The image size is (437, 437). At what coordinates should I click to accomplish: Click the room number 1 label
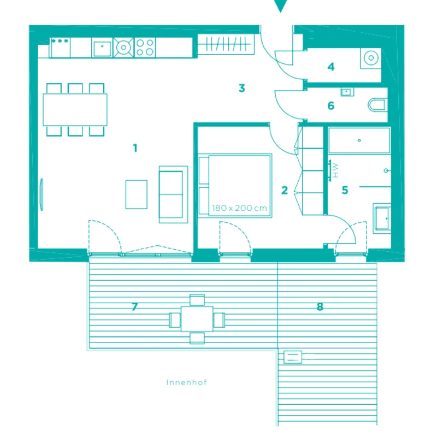tap(135, 148)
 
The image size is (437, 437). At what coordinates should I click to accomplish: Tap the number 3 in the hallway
tap(242, 88)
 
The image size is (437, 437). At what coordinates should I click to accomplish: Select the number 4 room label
tap(331, 67)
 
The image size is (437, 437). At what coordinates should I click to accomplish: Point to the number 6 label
tap(331, 105)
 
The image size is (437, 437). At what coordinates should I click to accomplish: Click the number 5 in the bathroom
tap(345, 190)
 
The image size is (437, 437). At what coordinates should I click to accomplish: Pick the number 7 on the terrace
tap(134, 307)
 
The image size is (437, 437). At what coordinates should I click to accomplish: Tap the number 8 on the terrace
tap(320, 307)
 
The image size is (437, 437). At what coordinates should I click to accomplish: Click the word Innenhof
tap(186, 382)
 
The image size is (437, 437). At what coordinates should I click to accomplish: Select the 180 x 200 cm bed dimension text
tap(239, 208)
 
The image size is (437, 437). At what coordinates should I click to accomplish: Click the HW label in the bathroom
tap(335, 170)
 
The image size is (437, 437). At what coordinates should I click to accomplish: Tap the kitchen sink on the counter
tap(102, 48)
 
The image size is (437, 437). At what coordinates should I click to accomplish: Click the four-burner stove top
tap(145, 48)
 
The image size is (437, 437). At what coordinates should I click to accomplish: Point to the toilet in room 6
tap(377, 105)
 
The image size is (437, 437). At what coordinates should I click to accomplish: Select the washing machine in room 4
tap(371, 58)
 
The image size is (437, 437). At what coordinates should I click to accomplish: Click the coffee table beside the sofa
tap(136, 194)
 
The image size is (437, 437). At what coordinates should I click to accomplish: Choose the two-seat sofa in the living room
tap(173, 194)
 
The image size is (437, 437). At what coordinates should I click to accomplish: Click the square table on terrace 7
tap(197, 319)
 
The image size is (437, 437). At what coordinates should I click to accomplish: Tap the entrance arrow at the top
tap(280, 5)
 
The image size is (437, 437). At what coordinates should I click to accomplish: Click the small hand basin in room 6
tap(347, 92)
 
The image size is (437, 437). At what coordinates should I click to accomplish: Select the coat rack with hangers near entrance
tap(226, 44)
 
